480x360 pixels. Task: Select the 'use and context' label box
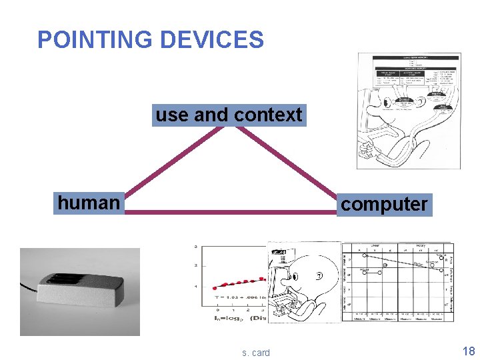[x=229, y=115]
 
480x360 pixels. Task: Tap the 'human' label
[x=89, y=202]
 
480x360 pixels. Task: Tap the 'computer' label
[x=384, y=204]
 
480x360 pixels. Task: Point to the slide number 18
[x=469, y=351]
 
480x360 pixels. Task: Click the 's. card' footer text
[x=256, y=353]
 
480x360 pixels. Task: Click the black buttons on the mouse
[x=63, y=279]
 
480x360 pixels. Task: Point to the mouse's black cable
[x=30, y=288]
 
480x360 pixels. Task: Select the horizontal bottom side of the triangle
[x=230, y=212]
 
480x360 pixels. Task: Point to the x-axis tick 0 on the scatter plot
[x=217, y=310]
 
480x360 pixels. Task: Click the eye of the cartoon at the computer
[x=319, y=275]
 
